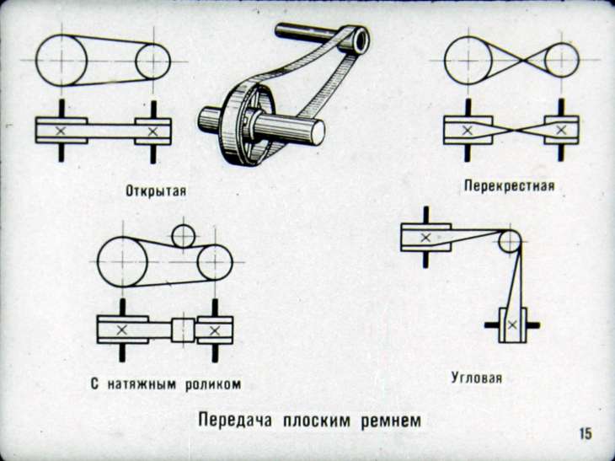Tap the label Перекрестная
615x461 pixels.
(508, 184)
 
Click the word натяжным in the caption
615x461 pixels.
(142, 383)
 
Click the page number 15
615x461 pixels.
(585, 433)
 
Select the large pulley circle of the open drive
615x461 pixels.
(61, 61)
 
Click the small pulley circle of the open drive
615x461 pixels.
(152, 61)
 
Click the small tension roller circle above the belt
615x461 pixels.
(183, 236)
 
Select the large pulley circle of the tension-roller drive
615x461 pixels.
(124, 261)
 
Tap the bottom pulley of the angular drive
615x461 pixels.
(510, 324)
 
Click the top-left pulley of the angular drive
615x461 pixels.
(425, 238)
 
